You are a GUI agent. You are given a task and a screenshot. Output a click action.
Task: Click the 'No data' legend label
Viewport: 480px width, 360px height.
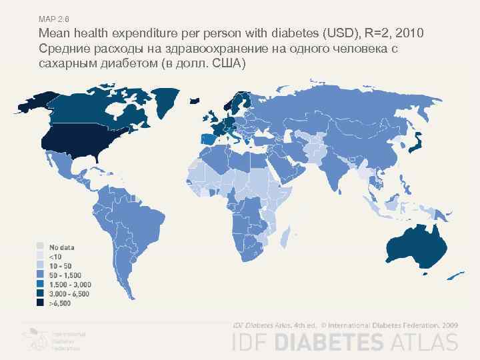pos(60,247)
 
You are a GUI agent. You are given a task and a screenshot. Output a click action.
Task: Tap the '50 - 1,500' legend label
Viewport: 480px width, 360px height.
pos(64,275)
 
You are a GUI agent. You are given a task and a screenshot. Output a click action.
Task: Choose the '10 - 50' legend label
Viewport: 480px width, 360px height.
pos(59,266)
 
